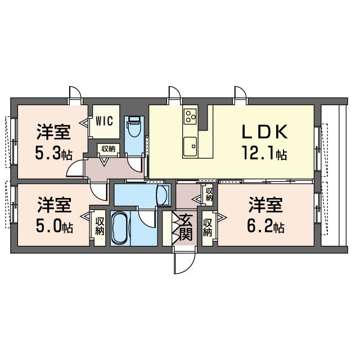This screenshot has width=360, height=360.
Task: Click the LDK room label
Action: click(265, 132)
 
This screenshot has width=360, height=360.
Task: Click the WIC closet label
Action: click(105, 121)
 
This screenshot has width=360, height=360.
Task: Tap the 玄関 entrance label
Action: click(186, 227)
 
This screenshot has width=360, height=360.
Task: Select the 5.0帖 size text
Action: click(55, 226)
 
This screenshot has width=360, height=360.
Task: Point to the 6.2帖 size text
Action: click(266, 226)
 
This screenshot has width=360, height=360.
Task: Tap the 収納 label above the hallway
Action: click(109, 149)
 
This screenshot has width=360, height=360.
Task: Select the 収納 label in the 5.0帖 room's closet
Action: click(100, 226)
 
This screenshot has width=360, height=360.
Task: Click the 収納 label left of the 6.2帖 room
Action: click(208, 227)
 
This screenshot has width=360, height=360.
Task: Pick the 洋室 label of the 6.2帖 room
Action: click(266, 205)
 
